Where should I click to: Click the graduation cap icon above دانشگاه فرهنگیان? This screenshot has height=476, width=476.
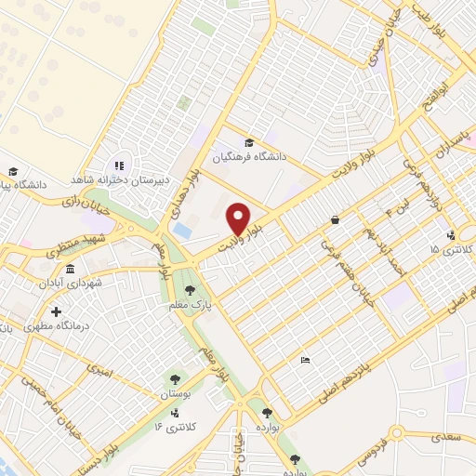click(248, 142)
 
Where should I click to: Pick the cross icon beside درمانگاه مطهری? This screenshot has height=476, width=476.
click(58, 311)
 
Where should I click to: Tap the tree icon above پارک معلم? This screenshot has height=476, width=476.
click(192, 290)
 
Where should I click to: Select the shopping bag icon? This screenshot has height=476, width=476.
click(334, 220)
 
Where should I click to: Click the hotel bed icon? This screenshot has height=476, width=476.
click(304, 360)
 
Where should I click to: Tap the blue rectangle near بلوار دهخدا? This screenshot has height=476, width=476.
click(183, 229)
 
